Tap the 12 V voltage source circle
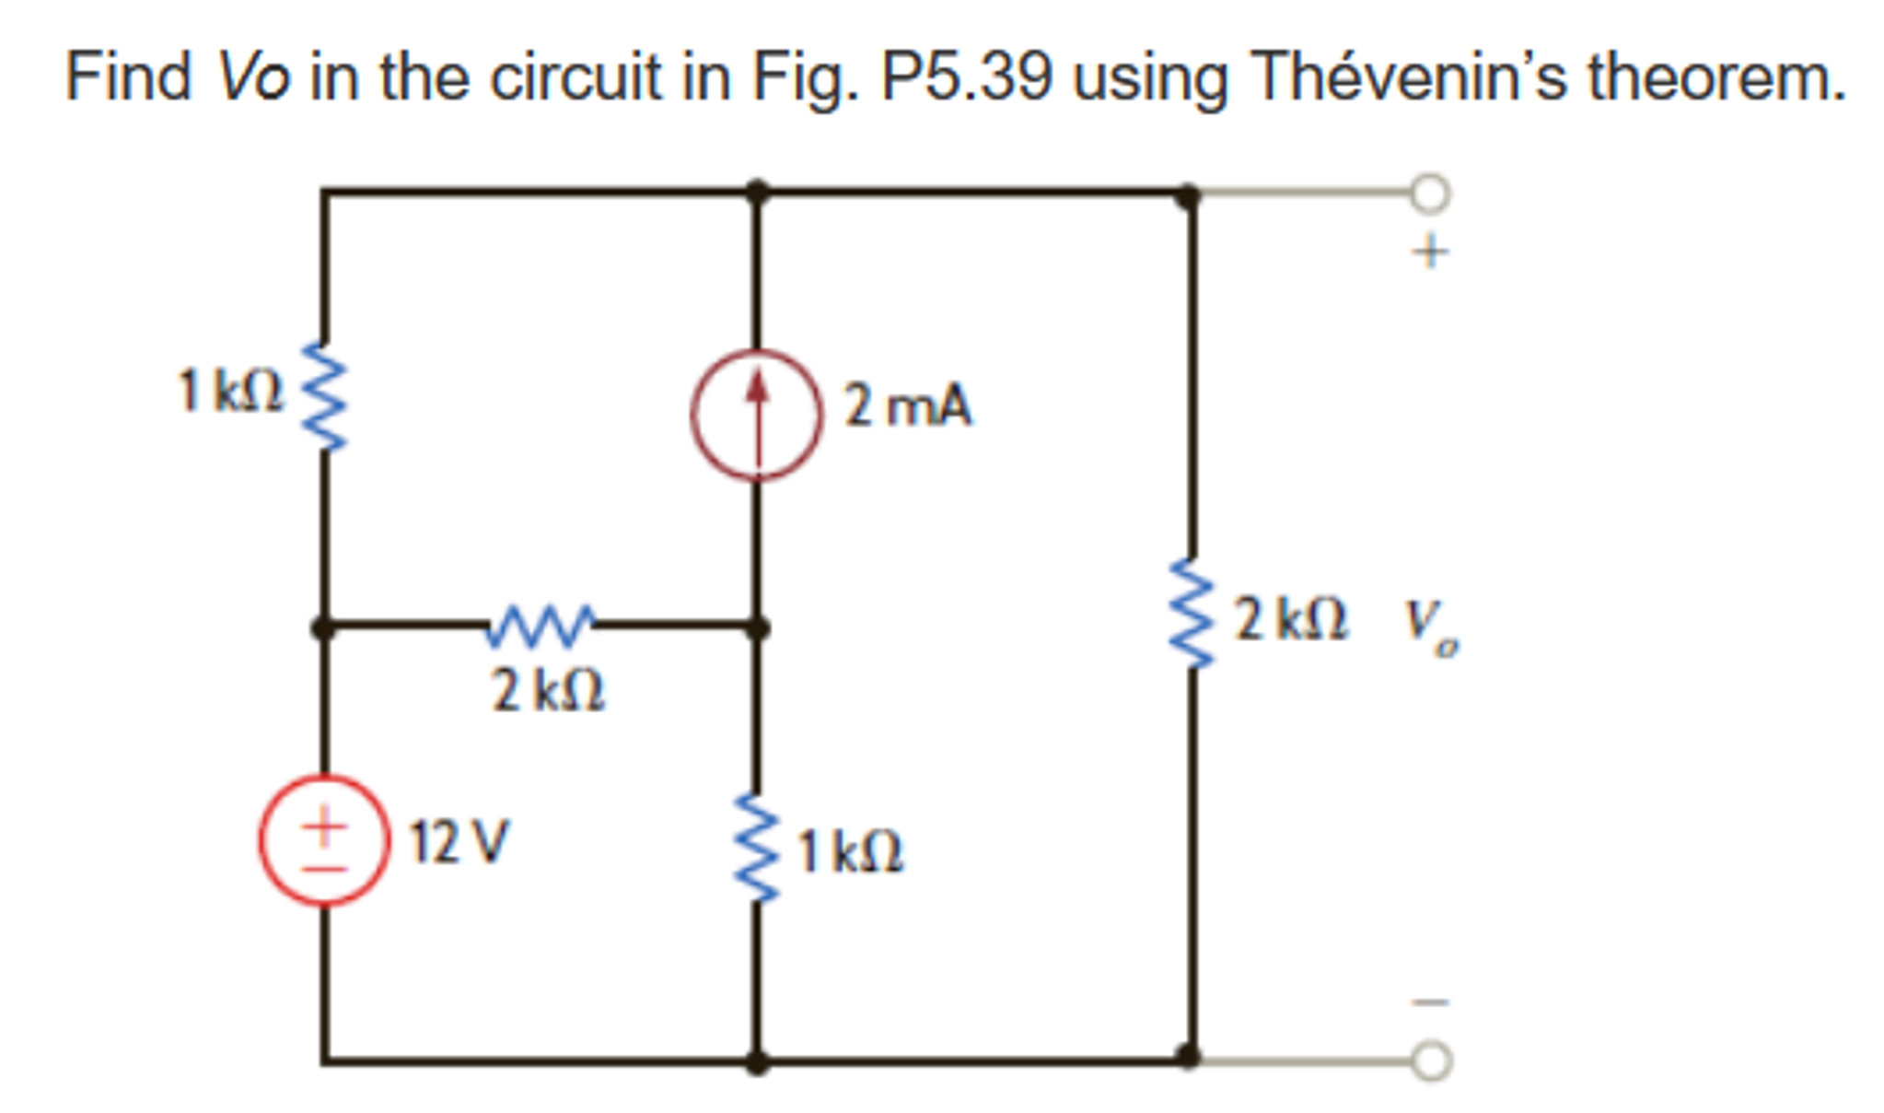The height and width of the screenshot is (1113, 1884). (323, 839)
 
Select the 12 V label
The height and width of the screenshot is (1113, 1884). (458, 841)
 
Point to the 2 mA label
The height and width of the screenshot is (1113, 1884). (907, 405)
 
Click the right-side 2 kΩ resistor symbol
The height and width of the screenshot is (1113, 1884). (1191, 613)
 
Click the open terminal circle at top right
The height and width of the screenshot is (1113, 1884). (1430, 193)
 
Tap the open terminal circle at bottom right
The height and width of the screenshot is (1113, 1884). (1431, 1060)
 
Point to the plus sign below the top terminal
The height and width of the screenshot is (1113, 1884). (1429, 251)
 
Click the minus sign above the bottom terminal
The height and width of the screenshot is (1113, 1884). (1431, 1002)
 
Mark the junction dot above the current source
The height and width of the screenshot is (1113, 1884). (756, 192)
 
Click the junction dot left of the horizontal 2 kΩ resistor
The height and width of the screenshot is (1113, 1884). (323, 628)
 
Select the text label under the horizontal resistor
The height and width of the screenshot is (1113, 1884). (548, 691)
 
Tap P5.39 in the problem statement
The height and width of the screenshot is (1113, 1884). (966, 77)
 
